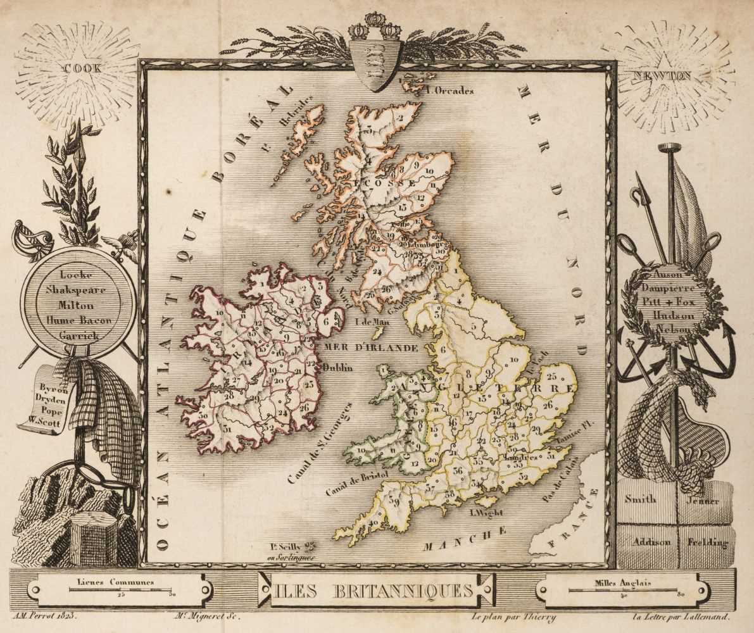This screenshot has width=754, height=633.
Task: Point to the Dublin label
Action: click(338, 367)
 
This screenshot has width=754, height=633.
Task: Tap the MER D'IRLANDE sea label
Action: click(371, 348)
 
